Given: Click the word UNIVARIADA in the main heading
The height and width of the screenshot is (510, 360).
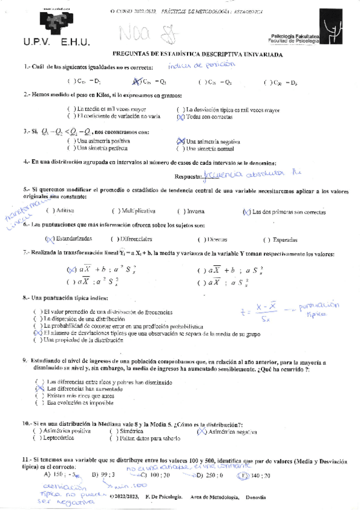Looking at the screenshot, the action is pos(258,54).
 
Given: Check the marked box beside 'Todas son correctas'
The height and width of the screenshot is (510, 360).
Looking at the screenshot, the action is pos(180,117).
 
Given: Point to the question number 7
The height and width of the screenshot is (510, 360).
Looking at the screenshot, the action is pos(25,253).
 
